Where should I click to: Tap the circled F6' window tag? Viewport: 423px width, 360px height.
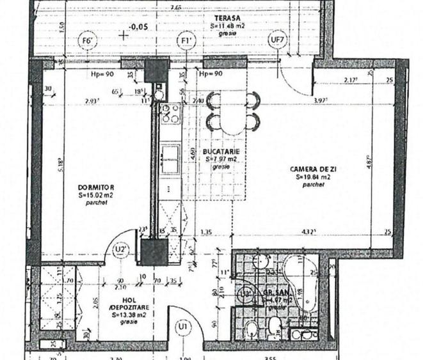(88, 42)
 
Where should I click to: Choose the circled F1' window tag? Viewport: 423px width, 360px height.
(186, 42)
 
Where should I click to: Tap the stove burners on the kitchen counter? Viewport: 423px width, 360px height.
(170, 113)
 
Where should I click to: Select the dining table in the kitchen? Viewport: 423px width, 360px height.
(233, 110)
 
